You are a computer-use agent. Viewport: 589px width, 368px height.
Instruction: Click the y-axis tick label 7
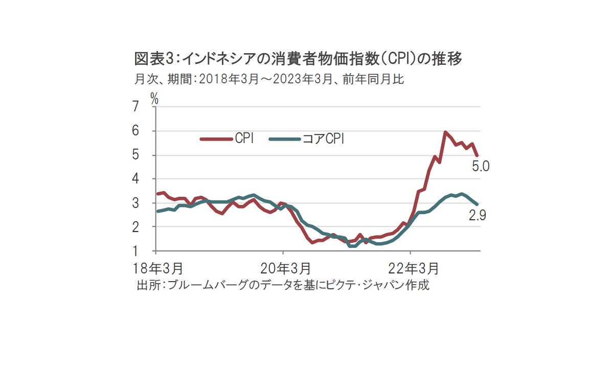pyautogui.click(x=135, y=107)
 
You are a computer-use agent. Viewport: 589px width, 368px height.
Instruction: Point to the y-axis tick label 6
pyautogui.click(x=135, y=131)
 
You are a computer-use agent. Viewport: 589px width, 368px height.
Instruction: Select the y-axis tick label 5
pyautogui.click(x=135, y=155)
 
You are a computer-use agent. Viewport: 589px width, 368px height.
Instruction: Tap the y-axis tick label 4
pyautogui.click(x=135, y=179)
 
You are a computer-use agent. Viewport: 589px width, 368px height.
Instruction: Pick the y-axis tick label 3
pyautogui.click(x=135, y=203)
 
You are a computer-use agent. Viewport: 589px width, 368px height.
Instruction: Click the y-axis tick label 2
pyautogui.click(x=135, y=227)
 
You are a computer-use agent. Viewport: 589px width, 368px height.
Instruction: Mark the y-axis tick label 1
pyautogui.click(x=135, y=251)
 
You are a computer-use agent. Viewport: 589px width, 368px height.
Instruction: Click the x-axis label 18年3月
pyautogui.click(x=155, y=268)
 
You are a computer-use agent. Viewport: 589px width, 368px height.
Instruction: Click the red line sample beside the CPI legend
pyautogui.click(x=215, y=138)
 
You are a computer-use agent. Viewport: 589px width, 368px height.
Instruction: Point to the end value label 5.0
pyautogui.click(x=481, y=167)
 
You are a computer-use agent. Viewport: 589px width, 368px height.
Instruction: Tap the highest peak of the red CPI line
pyautogui.click(x=445, y=132)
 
